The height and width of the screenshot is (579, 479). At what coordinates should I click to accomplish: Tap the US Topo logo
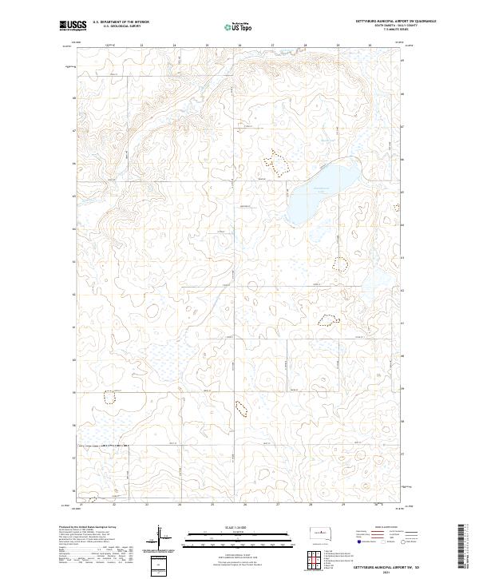pyautogui.click(x=240, y=26)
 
